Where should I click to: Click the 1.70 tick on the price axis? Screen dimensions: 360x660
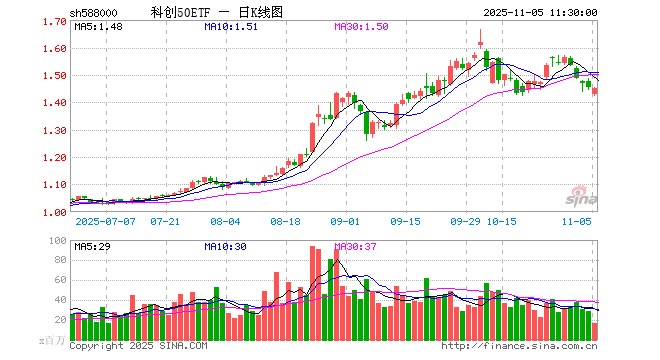coord(56,21)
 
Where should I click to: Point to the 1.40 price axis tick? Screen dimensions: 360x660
coord(56,103)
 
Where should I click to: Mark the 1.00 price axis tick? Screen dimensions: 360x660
coord(56,212)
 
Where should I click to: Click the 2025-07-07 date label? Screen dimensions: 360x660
coord(103,220)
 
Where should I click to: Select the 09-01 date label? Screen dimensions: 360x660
coord(345,220)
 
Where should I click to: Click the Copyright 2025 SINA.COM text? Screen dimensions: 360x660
coord(139,346)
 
